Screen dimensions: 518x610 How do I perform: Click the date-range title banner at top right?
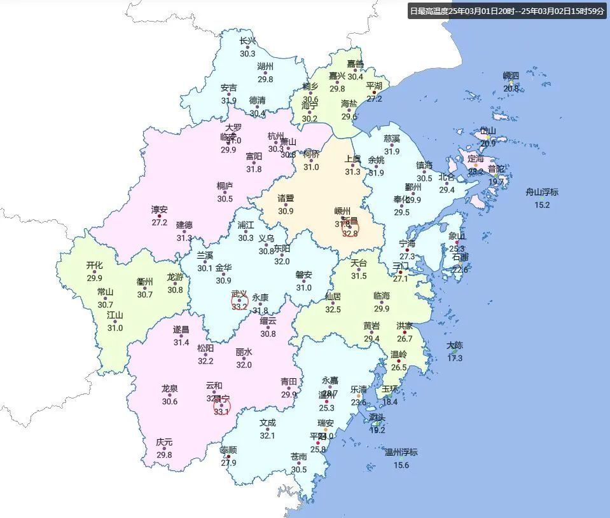pyautogui.click(x=508, y=11)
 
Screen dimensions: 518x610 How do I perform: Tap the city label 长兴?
pyautogui.click(x=248, y=41)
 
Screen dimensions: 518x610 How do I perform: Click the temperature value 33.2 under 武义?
pyautogui.click(x=240, y=306)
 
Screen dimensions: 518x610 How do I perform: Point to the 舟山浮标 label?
pyautogui.click(x=542, y=193)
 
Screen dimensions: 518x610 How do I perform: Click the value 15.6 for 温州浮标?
pyautogui.click(x=401, y=465)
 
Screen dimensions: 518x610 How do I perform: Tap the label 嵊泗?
pyautogui.click(x=511, y=76)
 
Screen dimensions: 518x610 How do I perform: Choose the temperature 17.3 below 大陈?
pyautogui.click(x=455, y=358)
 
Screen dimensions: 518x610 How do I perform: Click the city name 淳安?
pyautogui.click(x=159, y=210)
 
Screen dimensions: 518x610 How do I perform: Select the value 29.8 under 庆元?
pyautogui.click(x=164, y=455)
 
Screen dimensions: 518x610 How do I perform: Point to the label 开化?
pyautogui.click(x=94, y=266)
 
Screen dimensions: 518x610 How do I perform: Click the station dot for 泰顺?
pyautogui.click(x=228, y=456)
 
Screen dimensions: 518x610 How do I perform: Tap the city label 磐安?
pyautogui.click(x=304, y=275)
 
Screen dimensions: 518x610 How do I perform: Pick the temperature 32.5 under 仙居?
pyautogui.click(x=333, y=310)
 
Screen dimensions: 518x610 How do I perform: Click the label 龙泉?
pyautogui.click(x=169, y=388)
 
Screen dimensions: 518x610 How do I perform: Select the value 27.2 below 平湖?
pyautogui.click(x=374, y=99)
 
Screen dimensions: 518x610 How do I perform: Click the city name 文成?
pyautogui.click(x=267, y=423)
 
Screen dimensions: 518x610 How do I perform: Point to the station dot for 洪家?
pyautogui.click(x=405, y=332)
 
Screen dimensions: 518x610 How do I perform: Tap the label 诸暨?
pyautogui.click(x=286, y=198)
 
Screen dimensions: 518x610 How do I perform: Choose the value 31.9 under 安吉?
pyautogui.click(x=229, y=100)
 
